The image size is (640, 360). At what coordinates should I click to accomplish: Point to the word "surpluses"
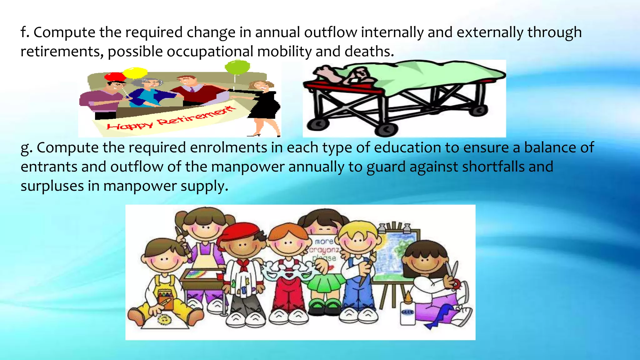(52, 186)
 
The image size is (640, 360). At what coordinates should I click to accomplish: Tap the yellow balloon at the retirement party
(135, 73)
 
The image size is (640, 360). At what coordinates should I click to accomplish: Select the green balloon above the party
(237, 67)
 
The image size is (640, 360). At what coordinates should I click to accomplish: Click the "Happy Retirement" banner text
(170, 119)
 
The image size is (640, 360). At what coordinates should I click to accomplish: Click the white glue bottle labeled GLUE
(407, 312)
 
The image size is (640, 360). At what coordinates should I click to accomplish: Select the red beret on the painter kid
(239, 231)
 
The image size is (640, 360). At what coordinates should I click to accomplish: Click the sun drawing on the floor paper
(163, 319)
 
